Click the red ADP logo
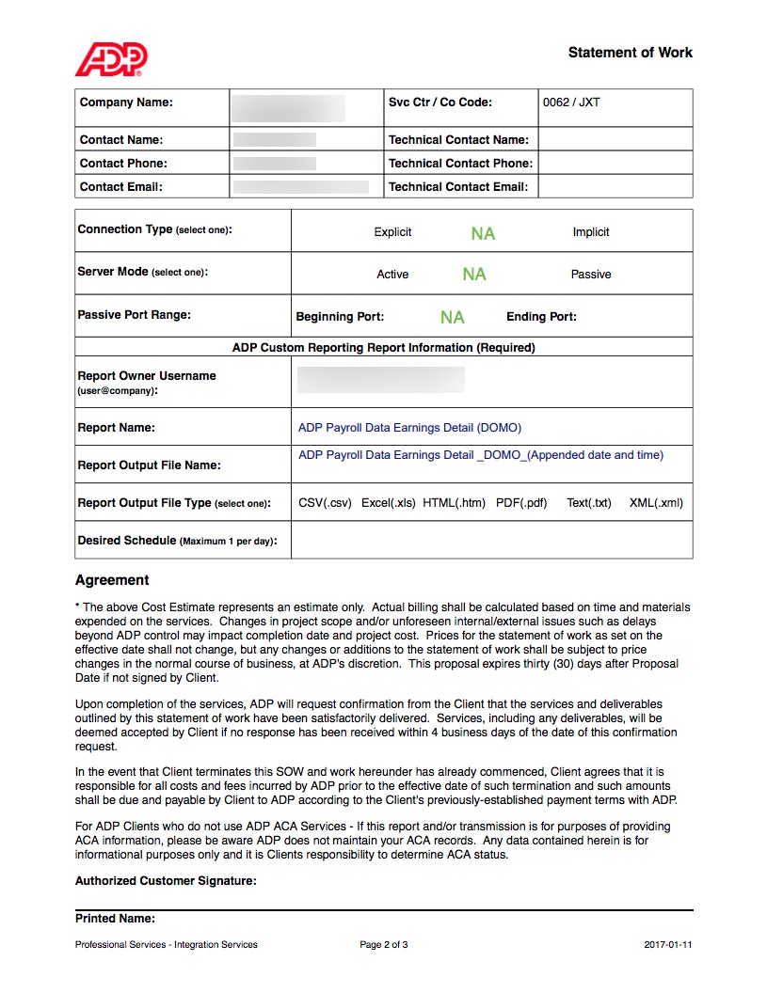[x=111, y=58]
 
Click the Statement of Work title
[x=630, y=53]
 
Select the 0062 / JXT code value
[x=570, y=102]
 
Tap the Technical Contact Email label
[x=457, y=186]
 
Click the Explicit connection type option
[x=392, y=232]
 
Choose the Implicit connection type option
[x=590, y=232]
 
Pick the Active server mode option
[x=392, y=275]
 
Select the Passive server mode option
[x=590, y=275]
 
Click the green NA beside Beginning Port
[x=452, y=318]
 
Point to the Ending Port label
[x=541, y=317]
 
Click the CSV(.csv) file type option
[x=325, y=503]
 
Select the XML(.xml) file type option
[x=656, y=503]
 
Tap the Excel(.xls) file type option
[x=388, y=503]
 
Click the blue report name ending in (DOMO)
[x=409, y=428]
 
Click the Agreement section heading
[x=112, y=580]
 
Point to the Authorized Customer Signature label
[x=166, y=881]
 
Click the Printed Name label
[x=115, y=919]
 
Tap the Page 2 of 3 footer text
[x=384, y=945]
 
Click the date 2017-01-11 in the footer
[x=668, y=945]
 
